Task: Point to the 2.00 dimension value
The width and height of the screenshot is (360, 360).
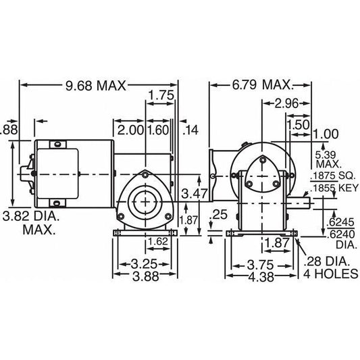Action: tap(127, 129)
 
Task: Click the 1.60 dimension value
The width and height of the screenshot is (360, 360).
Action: tap(158, 129)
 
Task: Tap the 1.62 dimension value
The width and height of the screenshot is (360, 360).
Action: tap(157, 241)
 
